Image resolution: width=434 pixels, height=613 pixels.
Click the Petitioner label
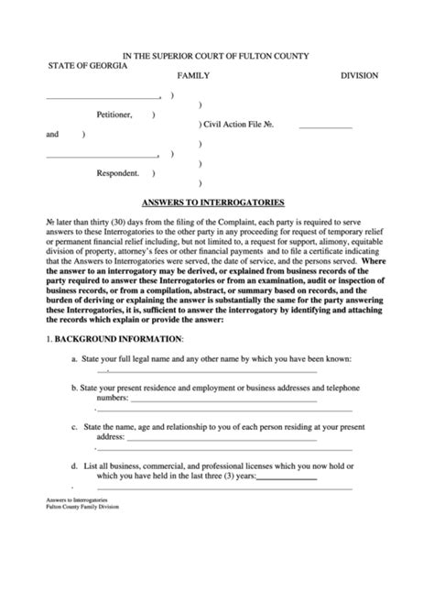(x=114, y=115)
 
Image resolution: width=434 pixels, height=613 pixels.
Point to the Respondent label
(x=118, y=172)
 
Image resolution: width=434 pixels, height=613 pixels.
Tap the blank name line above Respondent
(x=102, y=155)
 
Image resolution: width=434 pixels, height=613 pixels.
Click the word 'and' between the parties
(x=52, y=135)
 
